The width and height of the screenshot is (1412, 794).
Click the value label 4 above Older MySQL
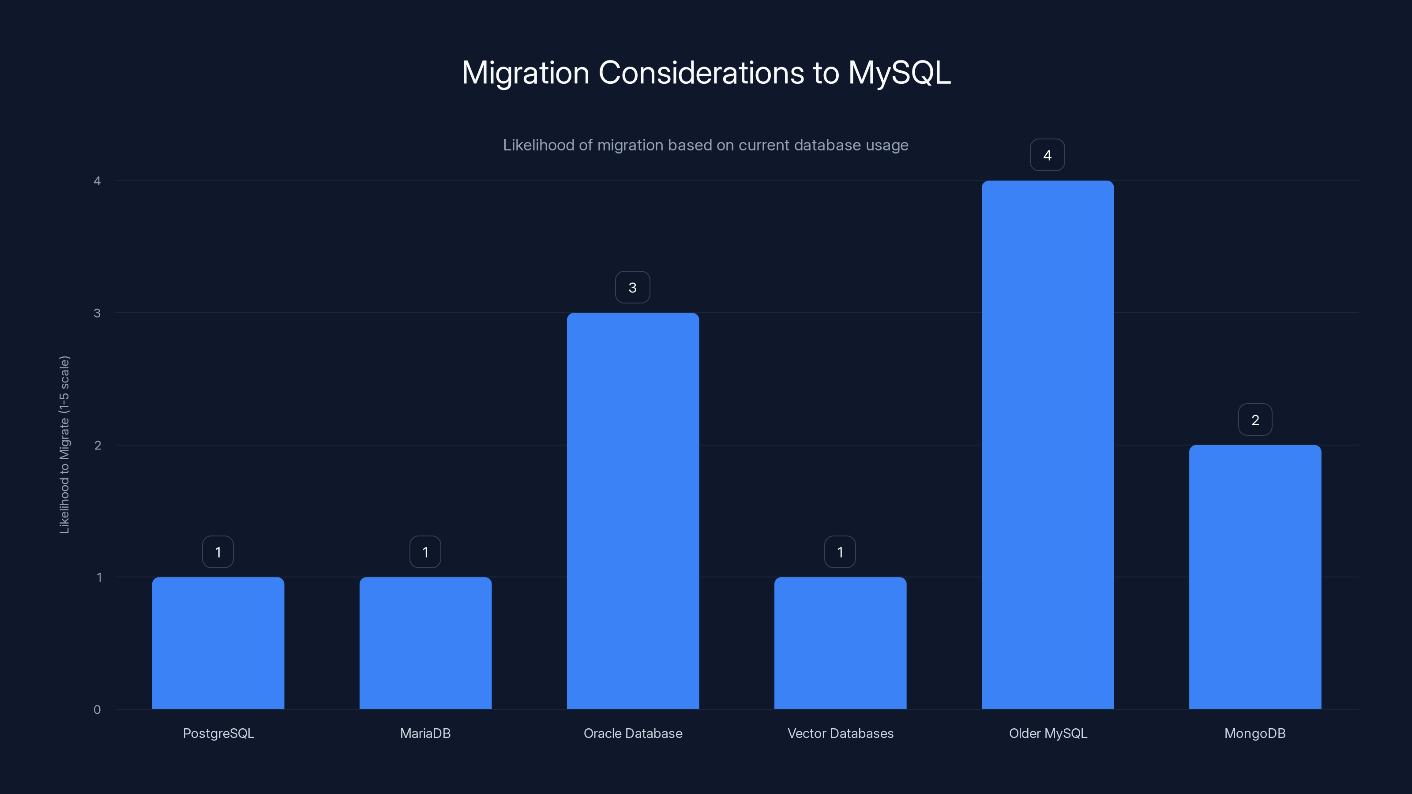click(x=1047, y=155)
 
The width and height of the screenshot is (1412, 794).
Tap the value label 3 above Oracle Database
click(x=632, y=287)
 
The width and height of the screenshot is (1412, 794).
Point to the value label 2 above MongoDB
click(x=1254, y=420)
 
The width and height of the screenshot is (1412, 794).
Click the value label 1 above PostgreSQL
click(x=218, y=552)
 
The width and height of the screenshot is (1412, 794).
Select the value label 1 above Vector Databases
click(x=840, y=552)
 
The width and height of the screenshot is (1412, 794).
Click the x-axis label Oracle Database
click(x=633, y=733)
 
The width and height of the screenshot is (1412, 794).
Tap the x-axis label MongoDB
click(x=1254, y=733)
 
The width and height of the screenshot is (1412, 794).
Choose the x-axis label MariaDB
click(x=425, y=733)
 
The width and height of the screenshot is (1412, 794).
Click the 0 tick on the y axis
click(x=97, y=710)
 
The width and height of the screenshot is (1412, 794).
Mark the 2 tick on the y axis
click(x=97, y=445)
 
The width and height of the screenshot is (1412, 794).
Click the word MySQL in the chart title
click(x=899, y=72)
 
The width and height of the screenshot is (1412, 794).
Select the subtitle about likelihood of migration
click(x=706, y=145)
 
